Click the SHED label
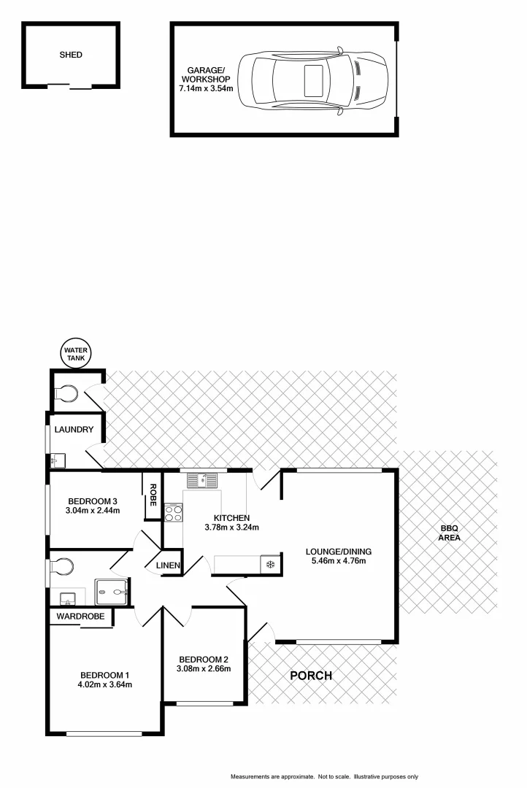coord(71,55)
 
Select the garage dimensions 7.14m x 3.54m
coord(207,89)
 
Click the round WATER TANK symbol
coord(76,354)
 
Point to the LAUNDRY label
coord(73,430)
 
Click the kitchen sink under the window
coord(201,480)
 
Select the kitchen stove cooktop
coord(174,513)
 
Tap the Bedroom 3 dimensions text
coord(92,511)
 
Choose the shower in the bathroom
coord(112,591)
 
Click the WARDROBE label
coord(81,617)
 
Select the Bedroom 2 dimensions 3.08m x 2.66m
coord(204,668)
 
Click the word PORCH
coord(311,676)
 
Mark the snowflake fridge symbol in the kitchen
coord(270,564)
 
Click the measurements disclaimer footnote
coord(324,776)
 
